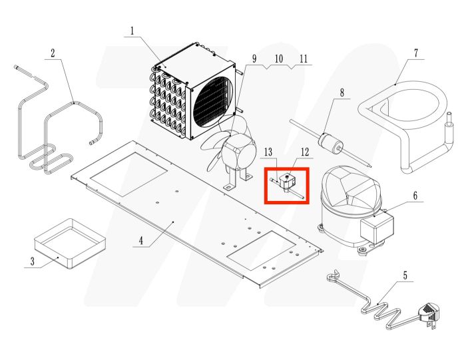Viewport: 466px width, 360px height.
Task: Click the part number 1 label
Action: point(132,30)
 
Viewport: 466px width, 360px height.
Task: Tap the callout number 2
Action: point(53,53)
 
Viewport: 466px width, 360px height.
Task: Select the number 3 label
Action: point(31,261)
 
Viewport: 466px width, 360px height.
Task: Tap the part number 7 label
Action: point(415,53)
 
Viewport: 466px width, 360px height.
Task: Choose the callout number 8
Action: point(342,92)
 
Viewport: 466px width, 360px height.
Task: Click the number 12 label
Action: point(305,152)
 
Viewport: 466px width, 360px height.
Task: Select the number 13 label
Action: point(270,152)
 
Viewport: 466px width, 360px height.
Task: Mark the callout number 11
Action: point(304,59)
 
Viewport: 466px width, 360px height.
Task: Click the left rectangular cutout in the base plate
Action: point(128,173)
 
